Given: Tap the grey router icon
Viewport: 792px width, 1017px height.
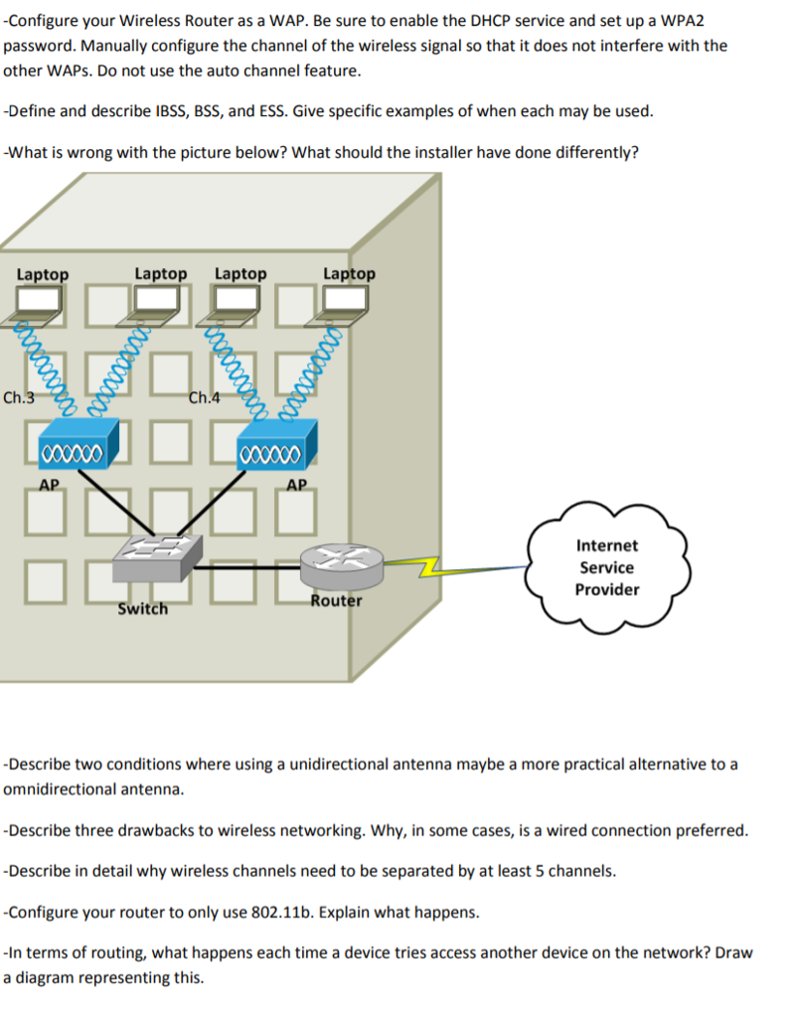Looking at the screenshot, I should pos(341,567).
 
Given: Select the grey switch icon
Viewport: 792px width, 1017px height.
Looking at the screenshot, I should pos(156,558).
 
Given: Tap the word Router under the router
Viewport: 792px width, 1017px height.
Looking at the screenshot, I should pos(336,601).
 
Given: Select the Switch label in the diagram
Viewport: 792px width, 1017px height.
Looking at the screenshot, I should pos(142,608).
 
